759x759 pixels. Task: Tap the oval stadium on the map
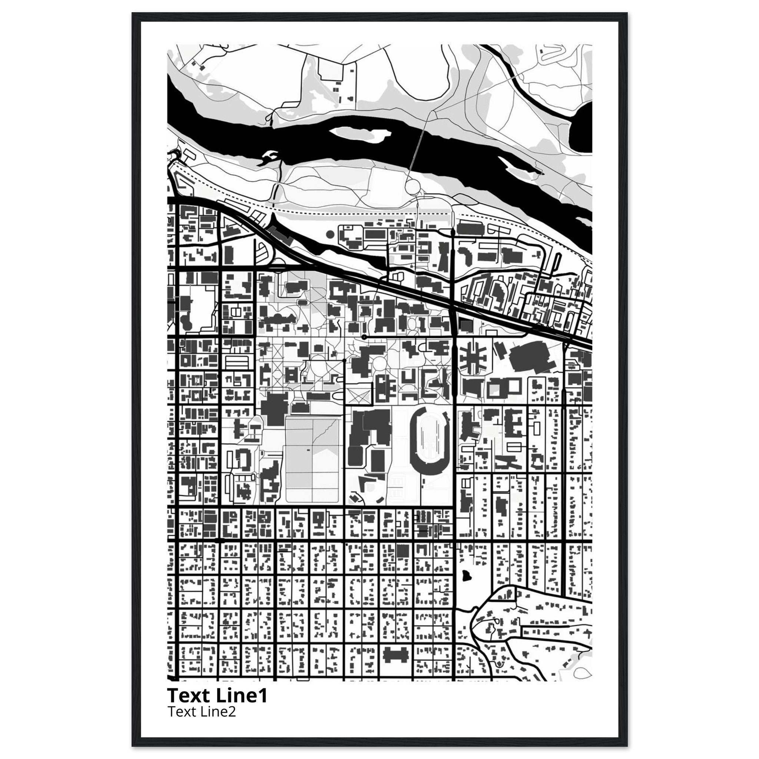tap(430, 438)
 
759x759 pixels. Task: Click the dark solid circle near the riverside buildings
tap(330, 235)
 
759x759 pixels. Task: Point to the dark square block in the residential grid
tap(402, 551)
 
